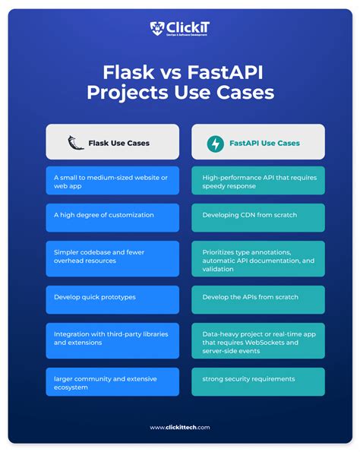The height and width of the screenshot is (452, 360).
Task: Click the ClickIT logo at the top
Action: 179,30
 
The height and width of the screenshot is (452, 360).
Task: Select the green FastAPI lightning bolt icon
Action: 215,142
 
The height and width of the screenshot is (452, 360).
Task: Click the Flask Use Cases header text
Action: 118,143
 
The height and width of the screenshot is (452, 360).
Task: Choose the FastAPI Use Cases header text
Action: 264,143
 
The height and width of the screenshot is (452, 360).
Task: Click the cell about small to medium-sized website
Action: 112,181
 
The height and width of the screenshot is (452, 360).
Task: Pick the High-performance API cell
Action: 257,181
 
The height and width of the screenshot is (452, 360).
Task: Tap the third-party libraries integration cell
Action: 112,338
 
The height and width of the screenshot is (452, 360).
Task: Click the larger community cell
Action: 112,381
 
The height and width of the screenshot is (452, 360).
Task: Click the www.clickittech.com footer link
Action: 180,427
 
